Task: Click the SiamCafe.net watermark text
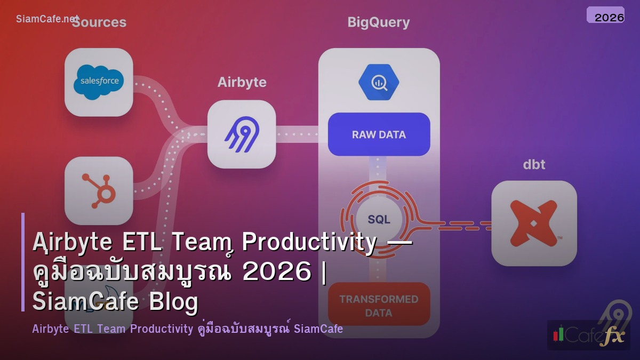point(47,19)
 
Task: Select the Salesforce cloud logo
point(99,82)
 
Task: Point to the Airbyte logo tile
point(242,134)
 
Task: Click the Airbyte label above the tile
point(242,83)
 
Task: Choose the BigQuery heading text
point(379,22)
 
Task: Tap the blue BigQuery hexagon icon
point(379,82)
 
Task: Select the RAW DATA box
point(379,134)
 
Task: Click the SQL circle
point(379,219)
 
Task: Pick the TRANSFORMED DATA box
point(379,305)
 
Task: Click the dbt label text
point(534,164)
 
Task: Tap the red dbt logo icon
point(534,223)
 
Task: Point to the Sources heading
point(99,22)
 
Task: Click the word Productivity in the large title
point(309,243)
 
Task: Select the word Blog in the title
point(173,302)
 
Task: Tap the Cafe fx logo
point(588,335)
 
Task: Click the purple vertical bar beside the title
point(23,262)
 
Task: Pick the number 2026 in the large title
point(276,273)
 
